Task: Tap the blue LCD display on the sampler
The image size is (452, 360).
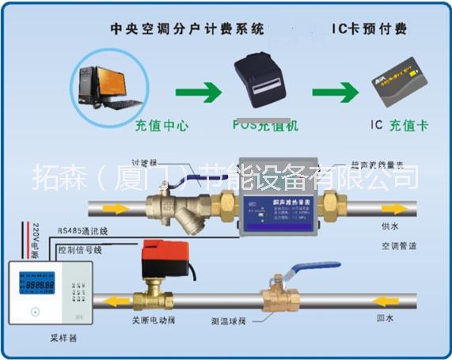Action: (x=39, y=282)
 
